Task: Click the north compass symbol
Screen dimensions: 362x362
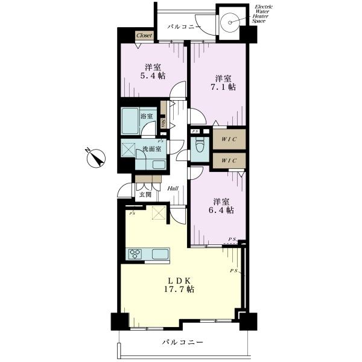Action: (x=95, y=157)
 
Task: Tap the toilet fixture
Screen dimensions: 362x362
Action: (x=200, y=145)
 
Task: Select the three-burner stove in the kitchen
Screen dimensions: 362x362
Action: (x=135, y=255)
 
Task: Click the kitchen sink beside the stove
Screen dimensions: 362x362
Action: (x=160, y=254)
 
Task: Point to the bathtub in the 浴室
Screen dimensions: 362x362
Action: (x=130, y=121)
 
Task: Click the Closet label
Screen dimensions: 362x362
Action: (x=144, y=36)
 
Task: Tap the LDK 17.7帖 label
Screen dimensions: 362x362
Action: (x=179, y=285)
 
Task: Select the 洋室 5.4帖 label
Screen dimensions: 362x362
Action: (x=153, y=72)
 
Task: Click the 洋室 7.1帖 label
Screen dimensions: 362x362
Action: (x=223, y=83)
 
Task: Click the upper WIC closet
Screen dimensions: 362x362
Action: (x=229, y=139)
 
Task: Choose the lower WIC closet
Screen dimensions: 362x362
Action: (x=229, y=160)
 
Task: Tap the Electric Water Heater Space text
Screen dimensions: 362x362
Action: (x=262, y=14)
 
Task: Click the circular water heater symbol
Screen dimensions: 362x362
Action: (x=230, y=22)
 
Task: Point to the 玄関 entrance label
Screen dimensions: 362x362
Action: (x=145, y=194)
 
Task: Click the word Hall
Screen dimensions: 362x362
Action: (x=173, y=188)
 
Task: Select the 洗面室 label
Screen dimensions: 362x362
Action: (x=151, y=149)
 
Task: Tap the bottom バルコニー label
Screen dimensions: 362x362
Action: (x=182, y=342)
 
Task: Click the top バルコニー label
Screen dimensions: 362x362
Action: (x=184, y=27)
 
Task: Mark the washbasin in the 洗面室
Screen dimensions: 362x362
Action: (x=159, y=165)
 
